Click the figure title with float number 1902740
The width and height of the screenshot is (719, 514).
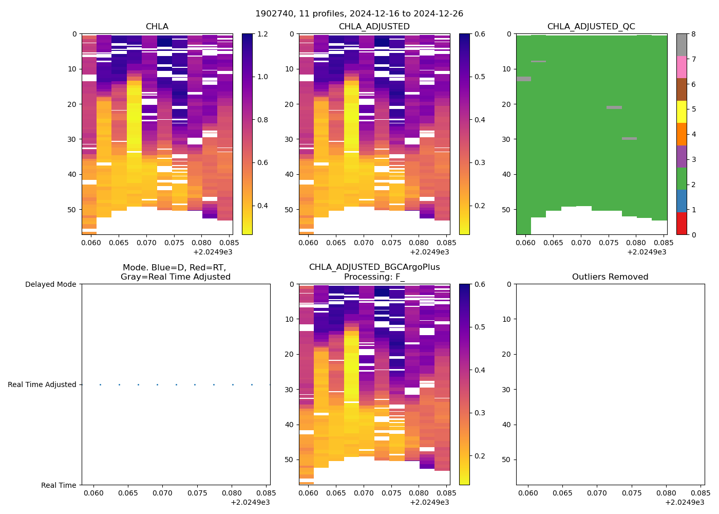click(x=359, y=14)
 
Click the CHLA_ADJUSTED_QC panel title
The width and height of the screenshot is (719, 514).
click(x=591, y=26)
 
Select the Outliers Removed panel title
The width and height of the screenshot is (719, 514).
click(x=610, y=277)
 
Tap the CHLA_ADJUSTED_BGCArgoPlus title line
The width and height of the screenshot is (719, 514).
click(x=374, y=267)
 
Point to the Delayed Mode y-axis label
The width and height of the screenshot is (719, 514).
click(x=50, y=284)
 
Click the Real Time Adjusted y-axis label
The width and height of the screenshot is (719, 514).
click(x=42, y=384)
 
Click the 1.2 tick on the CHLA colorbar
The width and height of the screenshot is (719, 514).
click(x=262, y=34)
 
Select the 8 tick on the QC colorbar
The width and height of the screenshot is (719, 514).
click(x=693, y=34)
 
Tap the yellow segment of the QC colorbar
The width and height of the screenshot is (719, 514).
click(x=682, y=112)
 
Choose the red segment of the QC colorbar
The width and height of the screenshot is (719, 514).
click(x=682, y=223)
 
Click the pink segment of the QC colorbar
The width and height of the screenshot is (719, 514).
click(x=682, y=67)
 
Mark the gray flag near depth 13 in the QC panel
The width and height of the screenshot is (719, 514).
click(x=524, y=79)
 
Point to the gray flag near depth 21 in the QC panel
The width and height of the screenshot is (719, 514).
click(x=614, y=107)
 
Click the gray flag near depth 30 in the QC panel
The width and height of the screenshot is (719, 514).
click(x=629, y=138)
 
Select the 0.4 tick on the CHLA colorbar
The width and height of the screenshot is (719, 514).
click(x=262, y=206)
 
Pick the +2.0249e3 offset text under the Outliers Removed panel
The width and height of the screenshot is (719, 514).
click(x=685, y=502)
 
